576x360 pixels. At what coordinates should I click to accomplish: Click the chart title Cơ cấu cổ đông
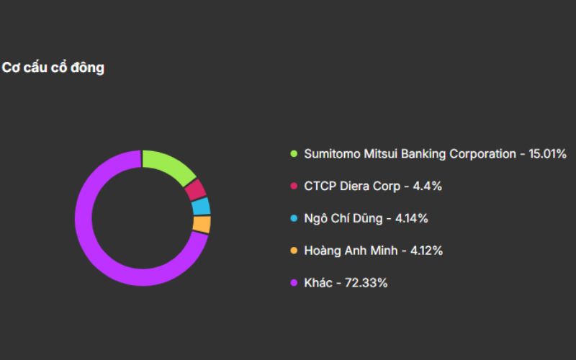(53, 68)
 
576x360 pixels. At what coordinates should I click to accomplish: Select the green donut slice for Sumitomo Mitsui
(171, 163)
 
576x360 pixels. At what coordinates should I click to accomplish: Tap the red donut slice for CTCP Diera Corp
(195, 189)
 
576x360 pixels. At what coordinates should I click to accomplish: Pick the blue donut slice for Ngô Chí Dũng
(202, 207)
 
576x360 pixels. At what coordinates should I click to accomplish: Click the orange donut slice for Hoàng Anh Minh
(202, 224)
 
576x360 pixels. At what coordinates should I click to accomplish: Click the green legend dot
(293, 154)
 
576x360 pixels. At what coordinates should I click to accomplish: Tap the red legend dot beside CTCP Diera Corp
(293, 186)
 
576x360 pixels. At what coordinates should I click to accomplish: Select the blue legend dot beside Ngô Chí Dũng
(293, 218)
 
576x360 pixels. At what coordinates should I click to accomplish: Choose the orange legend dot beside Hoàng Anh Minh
(293, 251)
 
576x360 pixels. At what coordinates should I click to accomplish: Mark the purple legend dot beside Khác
(293, 283)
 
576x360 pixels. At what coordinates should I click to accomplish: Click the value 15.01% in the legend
(548, 154)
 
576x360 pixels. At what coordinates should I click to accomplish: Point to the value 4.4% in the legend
(428, 186)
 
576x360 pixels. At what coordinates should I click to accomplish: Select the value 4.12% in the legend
(426, 251)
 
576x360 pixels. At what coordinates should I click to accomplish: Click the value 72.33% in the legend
(367, 283)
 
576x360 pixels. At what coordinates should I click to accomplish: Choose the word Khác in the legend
(318, 283)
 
